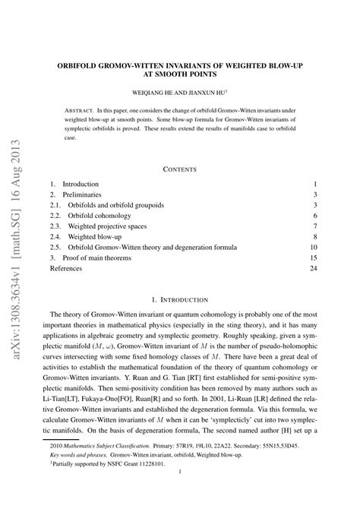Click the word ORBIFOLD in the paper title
[x=80, y=66]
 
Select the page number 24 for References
[x=312, y=268]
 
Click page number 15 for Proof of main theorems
[x=312, y=258]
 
